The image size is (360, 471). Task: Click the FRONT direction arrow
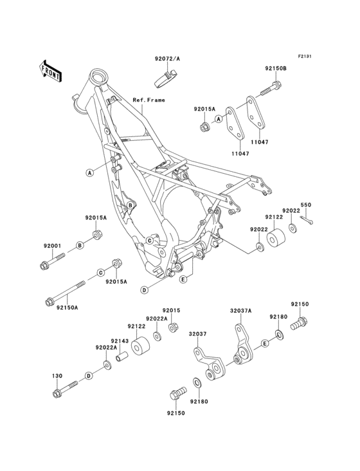pyautogui.click(x=51, y=69)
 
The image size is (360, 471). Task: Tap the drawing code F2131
pyautogui.click(x=304, y=57)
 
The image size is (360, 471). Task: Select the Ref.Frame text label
pyautogui.click(x=148, y=100)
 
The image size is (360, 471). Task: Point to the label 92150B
pyautogui.click(x=275, y=68)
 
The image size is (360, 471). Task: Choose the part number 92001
pyautogui.click(x=53, y=246)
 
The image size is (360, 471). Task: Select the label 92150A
pyautogui.click(x=66, y=308)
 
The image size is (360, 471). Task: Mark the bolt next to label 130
pyautogui.click(x=65, y=388)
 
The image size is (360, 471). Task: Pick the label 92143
pyautogui.click(x=119, y=341)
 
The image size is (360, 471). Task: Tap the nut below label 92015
pyautogui.click(x=173, y=328)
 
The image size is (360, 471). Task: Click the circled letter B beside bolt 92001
pyautogui.click(x=80, y=245)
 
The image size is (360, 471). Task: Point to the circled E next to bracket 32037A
pyautogui.click(x=264, y=345)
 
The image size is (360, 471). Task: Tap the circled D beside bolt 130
pyautogui.click(x=88, y=374)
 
